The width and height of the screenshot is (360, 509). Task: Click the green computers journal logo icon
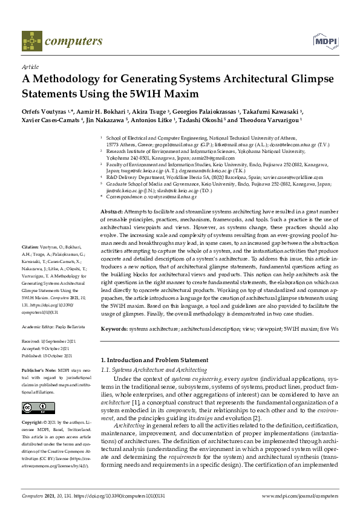coord(31,41)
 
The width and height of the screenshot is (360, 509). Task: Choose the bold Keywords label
coord(114,328)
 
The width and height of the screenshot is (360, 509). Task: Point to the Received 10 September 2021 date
coord(48,342)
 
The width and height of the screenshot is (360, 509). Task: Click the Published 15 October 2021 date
coord(48,357)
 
